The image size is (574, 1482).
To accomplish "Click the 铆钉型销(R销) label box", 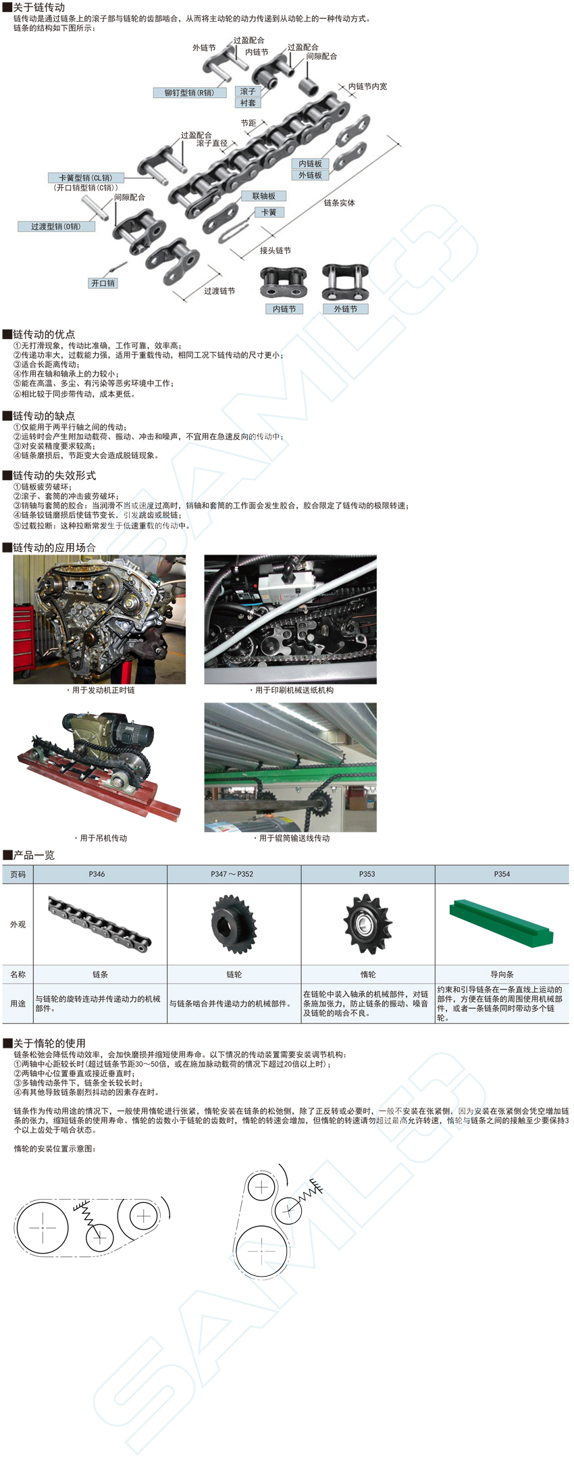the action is pyautogui.click(x=189, y=93).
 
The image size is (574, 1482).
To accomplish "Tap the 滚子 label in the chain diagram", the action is pyautogui.click(x=248, y=91).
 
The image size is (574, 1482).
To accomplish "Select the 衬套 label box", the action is pyautogui.click(x=248, y=103).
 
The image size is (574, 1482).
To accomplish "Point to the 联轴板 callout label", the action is pyautogui.click(x=264, y=196).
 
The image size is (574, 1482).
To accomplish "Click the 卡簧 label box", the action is pyautogui.click(x=269, y=212).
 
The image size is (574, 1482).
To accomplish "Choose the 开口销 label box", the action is pyautogui.click(x=103, y=283).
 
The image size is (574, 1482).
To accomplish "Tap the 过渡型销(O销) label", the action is pyautogui.click(x=56, y=226).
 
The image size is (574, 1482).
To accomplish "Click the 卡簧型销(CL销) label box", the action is pyautogui.click(x=86, y=178).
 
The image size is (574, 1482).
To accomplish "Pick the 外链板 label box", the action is pyautogui.click(x=311, y=175).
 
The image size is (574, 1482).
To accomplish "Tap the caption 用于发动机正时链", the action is pyautogui.click(x=102, y=690).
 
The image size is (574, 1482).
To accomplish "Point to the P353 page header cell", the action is pyautogui.click(x=367, y=874).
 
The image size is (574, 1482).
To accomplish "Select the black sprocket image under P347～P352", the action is pyautogui.click(x=234, y=924).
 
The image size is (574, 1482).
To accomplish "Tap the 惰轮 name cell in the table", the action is pyautogui.click(x=368, y=974).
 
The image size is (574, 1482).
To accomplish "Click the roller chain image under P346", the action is pyautogui.click(x=100, y=924).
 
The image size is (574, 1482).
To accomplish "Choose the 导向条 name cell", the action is pyautogui.click(x=502, y=974).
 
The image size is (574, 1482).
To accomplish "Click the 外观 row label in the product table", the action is pyautogui.click(x=18, y=924).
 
